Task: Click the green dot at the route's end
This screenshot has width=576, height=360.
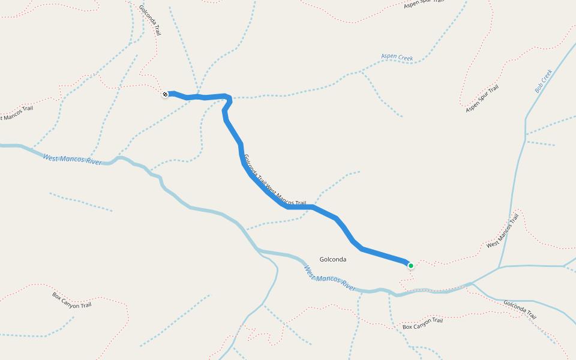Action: [x=411, y=265]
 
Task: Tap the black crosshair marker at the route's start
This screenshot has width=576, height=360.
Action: [x=165, y=94]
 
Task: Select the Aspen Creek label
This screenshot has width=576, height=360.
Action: [x=397, y=58]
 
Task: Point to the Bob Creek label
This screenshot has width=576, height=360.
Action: [x=544, y=81]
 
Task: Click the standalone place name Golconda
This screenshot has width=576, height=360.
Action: [x=333, y=260]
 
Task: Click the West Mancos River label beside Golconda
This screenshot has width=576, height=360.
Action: [x=329, y=279]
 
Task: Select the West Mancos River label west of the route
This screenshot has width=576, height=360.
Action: [x=72, y=160]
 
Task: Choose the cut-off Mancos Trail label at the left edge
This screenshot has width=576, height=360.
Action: [x=16, y=112]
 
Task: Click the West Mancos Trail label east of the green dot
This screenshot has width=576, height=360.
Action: [x=502, y=231]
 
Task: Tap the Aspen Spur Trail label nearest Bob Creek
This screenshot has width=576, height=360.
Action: [x=482, y=98]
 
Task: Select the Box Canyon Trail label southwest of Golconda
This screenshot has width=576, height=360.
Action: [x=71, y=300]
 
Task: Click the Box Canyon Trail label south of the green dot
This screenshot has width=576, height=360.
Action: [x=422, y=323]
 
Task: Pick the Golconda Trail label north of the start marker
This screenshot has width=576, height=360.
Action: [x=150, y=21]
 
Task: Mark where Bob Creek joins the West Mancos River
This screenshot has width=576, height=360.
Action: [x=499, y=267]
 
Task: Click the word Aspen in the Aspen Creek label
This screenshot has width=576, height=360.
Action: [x=389, y=57]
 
